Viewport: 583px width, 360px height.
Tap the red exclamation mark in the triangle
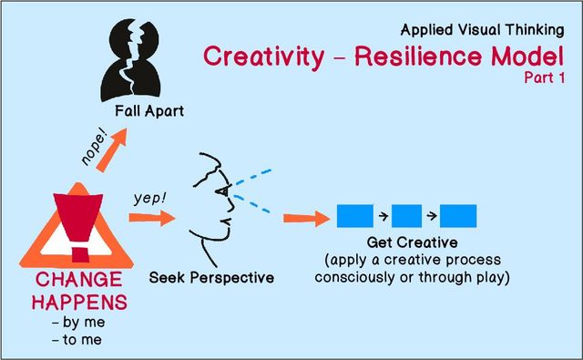(74, 222)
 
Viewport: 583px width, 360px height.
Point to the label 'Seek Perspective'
(211, 276)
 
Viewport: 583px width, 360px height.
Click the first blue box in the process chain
(354, 217)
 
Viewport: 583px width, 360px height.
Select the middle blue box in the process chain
(406, 217)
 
